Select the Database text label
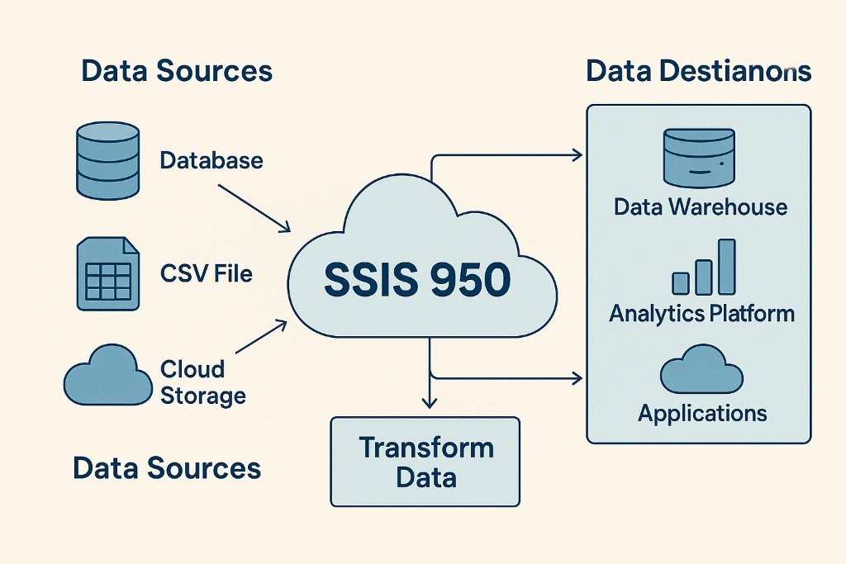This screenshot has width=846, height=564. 211,159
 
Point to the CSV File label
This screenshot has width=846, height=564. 206,273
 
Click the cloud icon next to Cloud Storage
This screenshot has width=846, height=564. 106,378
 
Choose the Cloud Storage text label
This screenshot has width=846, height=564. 202,381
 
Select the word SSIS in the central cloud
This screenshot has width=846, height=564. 368,281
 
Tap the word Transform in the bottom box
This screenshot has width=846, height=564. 426,448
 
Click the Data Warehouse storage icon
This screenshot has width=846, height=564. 698,157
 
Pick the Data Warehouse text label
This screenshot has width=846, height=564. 701,206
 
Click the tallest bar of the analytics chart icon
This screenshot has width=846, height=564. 726,266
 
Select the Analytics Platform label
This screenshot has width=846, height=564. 701,314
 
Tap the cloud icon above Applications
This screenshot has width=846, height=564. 701,370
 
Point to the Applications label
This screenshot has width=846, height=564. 702,413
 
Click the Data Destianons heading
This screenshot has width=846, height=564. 698,72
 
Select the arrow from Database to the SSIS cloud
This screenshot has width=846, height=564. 253,206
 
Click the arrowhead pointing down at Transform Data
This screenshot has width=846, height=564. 429,401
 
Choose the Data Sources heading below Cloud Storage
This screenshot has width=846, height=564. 167,468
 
